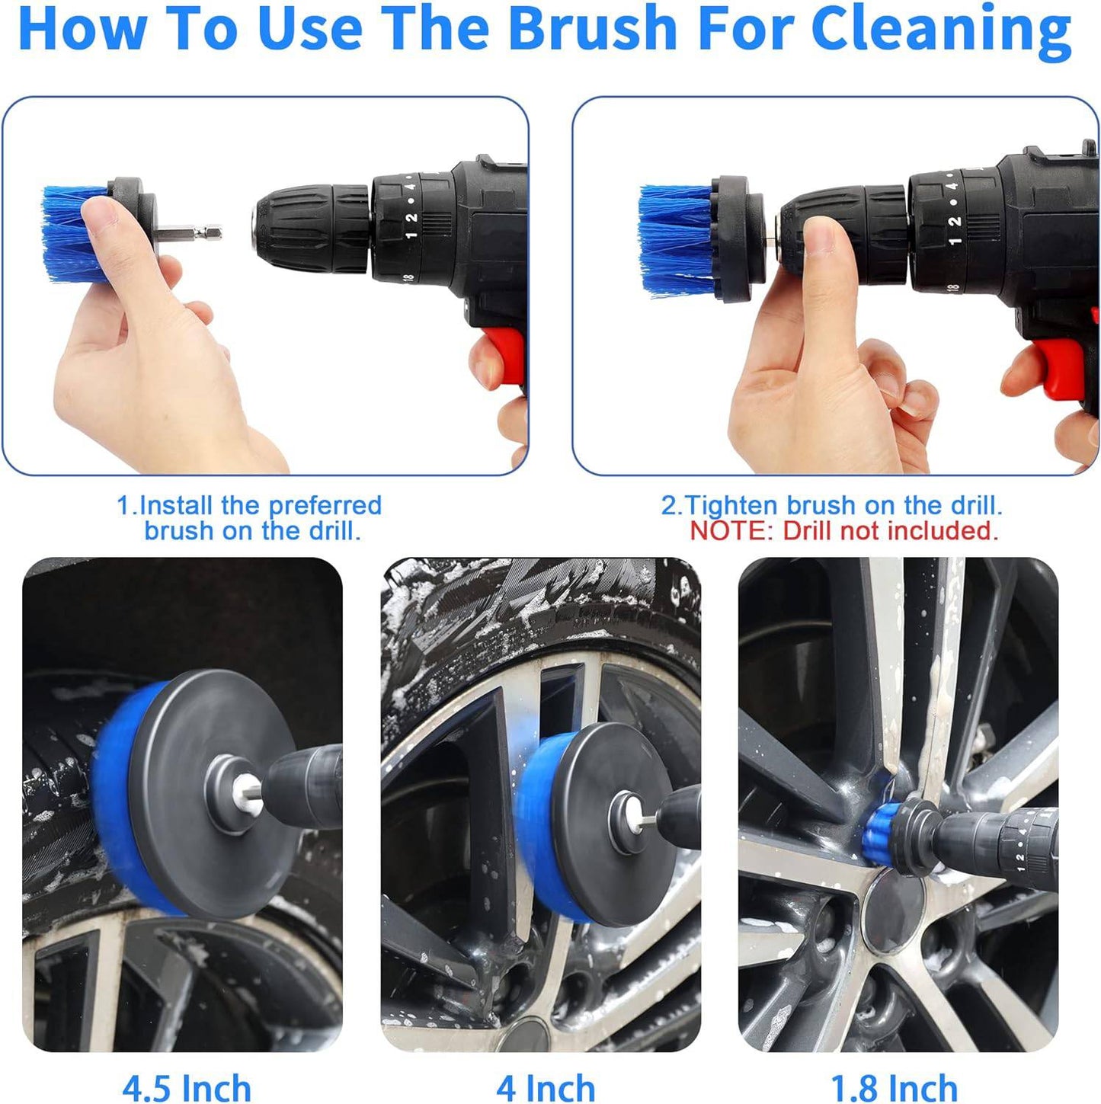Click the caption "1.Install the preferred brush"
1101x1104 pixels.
point(249,505)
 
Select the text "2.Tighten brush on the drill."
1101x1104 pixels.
point(831,505)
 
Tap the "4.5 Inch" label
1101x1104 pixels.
point(187,1086)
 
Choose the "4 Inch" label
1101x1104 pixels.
point(546,1086)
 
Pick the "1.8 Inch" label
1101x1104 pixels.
point(894,1086)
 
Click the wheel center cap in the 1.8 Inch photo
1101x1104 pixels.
point(893,910)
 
